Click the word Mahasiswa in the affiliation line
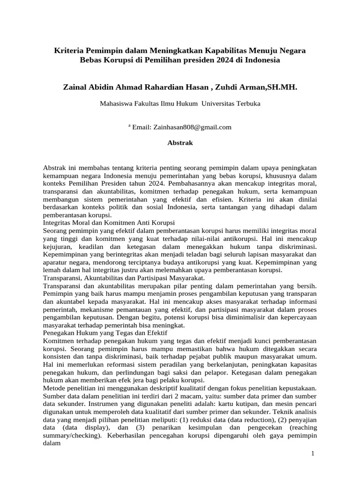tap(116, 104)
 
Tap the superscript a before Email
tap(129, 126)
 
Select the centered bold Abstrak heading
tap(180, 143)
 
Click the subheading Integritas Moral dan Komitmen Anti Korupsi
tap(109, 223)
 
